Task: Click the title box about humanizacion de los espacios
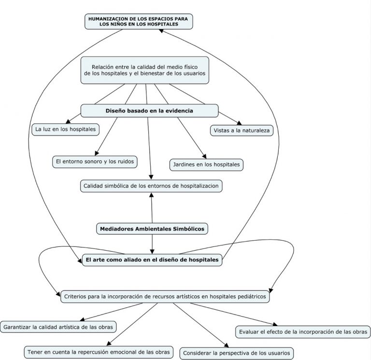coord(139,22)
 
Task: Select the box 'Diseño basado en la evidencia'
coord(149,111)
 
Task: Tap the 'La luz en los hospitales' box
coord(66,129)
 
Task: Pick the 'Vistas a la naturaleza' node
coord(242,130)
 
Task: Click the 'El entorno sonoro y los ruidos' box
coord(95,162)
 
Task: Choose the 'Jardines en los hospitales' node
coord(206,165)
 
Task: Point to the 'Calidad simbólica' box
coord(151,186)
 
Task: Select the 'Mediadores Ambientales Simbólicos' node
coord(152,229)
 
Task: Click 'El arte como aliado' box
coord(152,260)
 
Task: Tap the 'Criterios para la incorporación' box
coord(165,297)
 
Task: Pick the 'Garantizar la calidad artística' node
coord(58,327)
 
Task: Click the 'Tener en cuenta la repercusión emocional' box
coord(99,352)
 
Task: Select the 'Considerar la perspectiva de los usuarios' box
coord(237,353)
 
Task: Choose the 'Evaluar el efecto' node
coord(303,332)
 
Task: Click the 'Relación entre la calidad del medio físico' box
coord(145,70)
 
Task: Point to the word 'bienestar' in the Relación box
coord(153,73)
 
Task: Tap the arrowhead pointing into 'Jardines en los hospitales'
coord(204,157)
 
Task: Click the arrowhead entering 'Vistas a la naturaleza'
coord(239,123)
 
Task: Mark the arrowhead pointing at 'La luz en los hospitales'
coord(68,121)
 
